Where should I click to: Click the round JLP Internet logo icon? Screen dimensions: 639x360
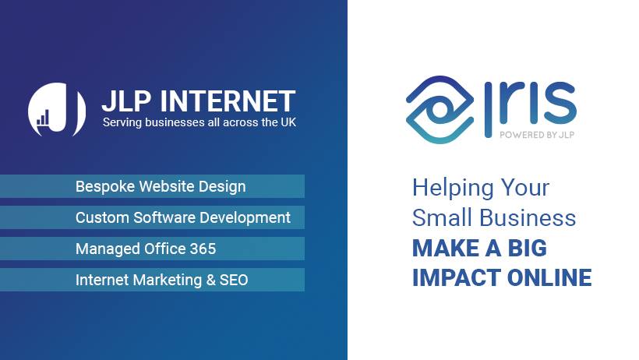(x=57, y=110)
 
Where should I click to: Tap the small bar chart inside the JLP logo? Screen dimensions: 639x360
(x=43, y=118)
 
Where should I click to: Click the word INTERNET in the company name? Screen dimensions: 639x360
(x=228, y=101)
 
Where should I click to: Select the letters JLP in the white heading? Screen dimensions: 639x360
(x=127, y=101)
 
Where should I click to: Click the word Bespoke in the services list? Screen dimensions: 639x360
(x=105, y=186)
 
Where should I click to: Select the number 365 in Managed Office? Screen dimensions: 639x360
(x=203, y=249)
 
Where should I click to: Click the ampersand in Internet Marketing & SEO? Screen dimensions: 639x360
(x=210, y=280)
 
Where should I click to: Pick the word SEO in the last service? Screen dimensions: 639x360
(x=234, y=280)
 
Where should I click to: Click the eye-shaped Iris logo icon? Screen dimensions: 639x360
(x=440, y=110)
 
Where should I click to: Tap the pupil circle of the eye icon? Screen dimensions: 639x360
(x=440, y=109)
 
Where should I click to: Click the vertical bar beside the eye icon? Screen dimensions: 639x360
(x=489, y=110)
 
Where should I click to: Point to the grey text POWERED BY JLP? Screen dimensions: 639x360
(x=537, y=135)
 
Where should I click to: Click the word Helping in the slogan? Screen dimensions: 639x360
(x=453, y=189)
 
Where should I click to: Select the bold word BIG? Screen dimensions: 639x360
(x=528, y=248)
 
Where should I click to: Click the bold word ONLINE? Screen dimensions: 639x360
(x=549, y=277)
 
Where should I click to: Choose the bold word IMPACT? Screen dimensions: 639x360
(x=457, y=277)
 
